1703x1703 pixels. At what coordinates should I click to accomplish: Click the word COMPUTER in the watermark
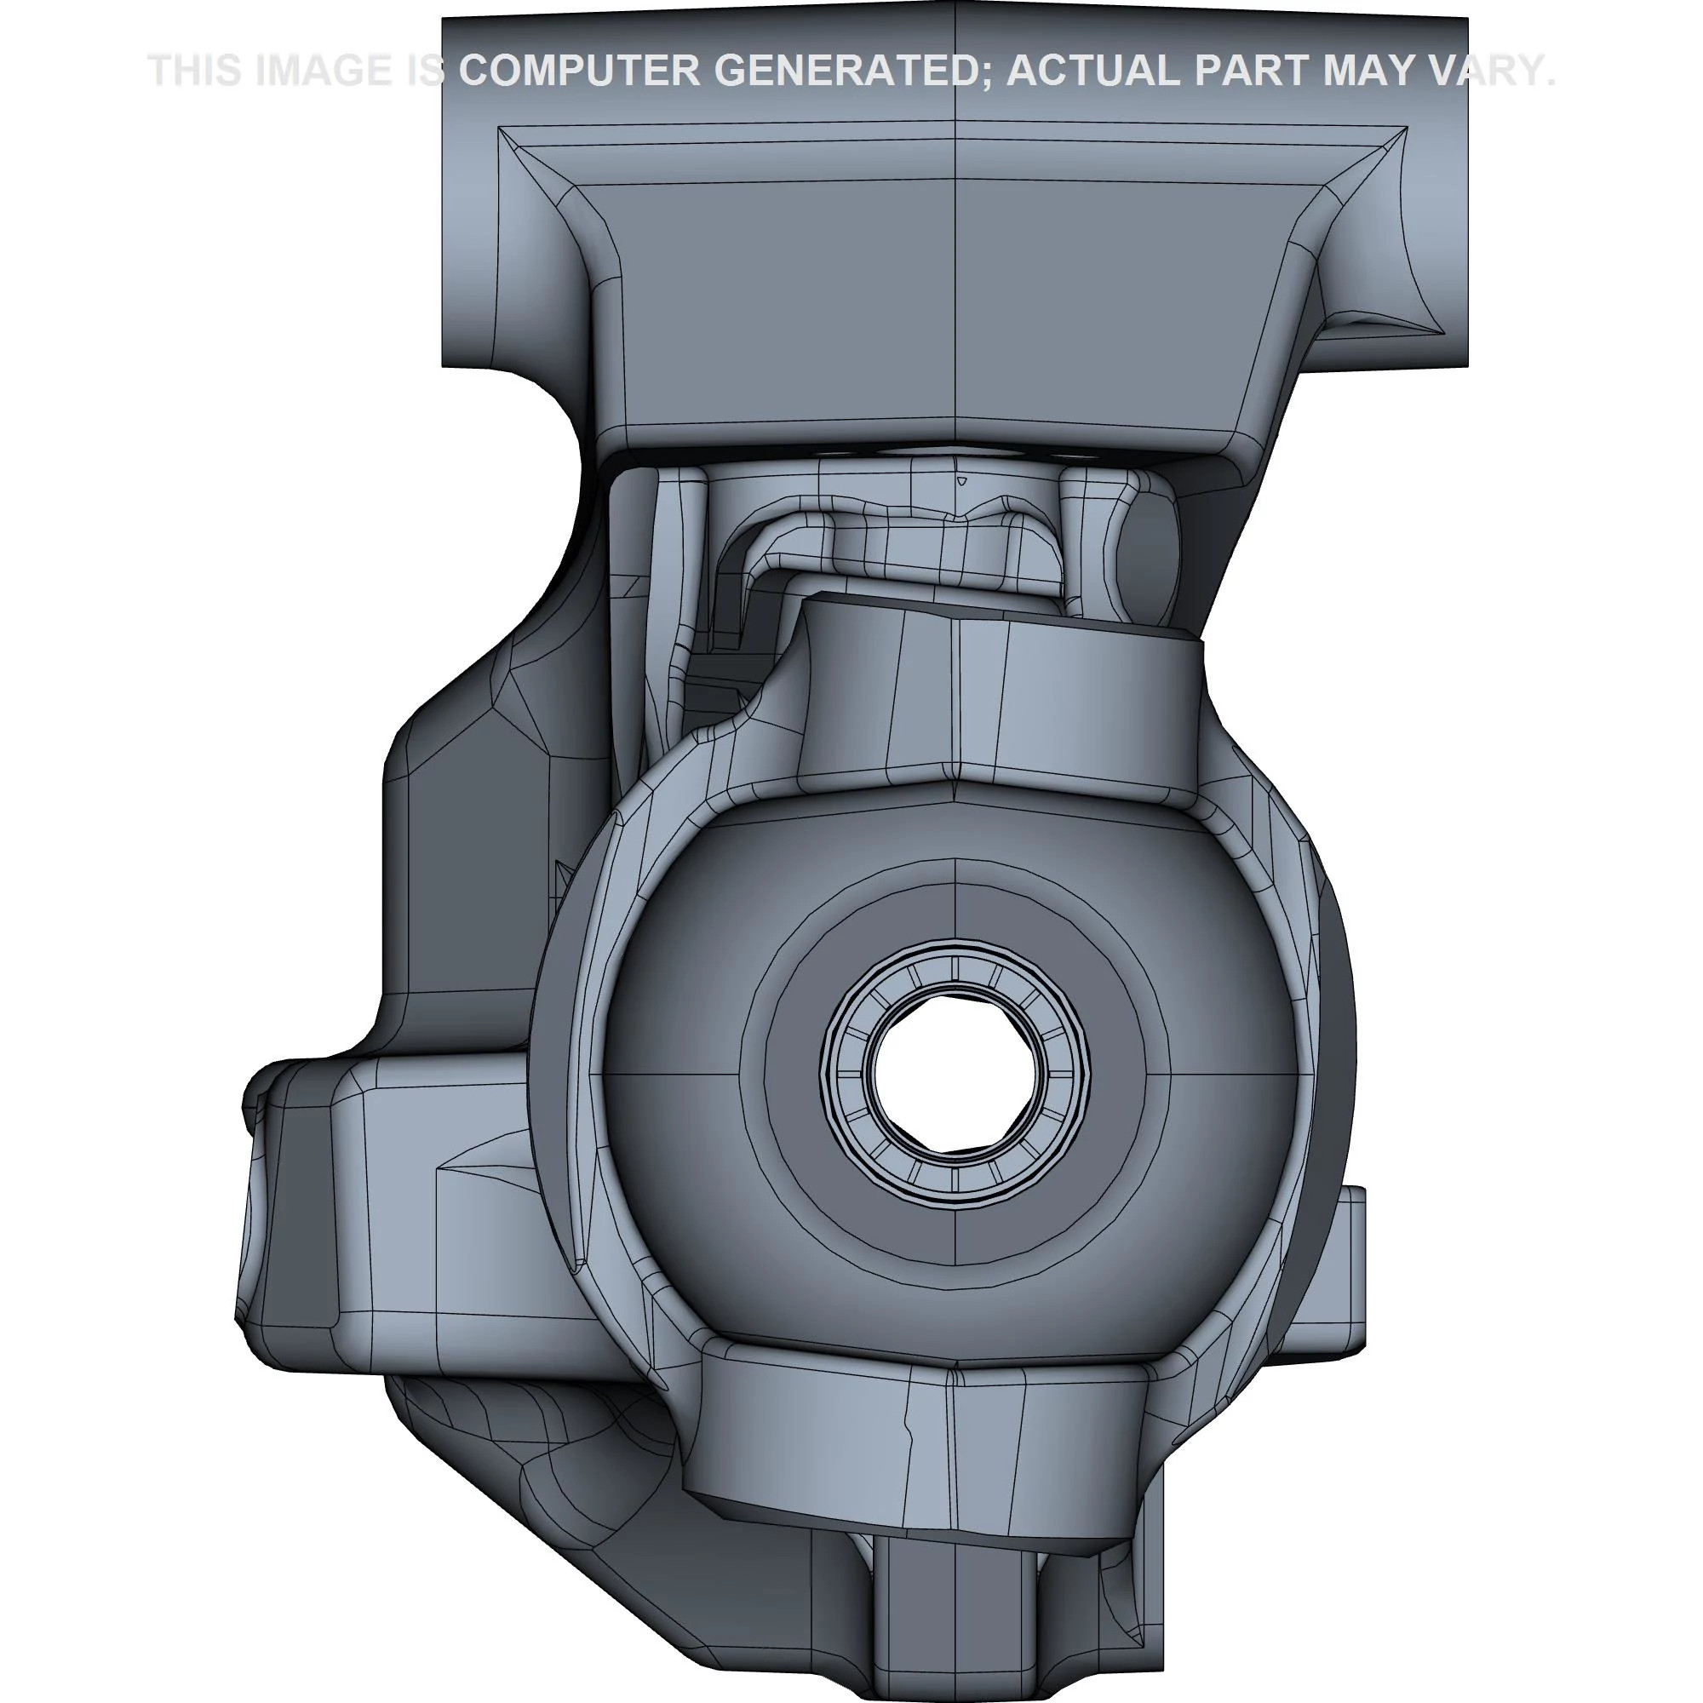(579, 71)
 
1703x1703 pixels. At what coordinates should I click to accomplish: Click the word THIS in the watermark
(194, 71)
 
